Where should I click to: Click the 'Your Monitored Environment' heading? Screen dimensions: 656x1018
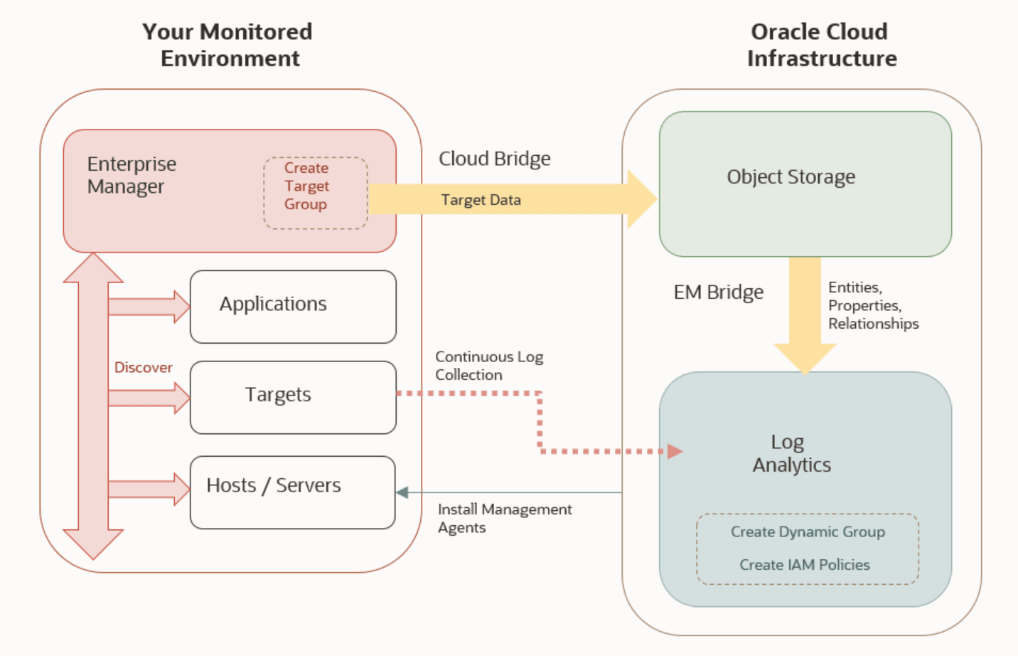point(227,45)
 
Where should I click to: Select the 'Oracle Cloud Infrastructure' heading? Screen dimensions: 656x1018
point(821,45)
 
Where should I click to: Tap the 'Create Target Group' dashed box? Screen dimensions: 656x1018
point(315,193)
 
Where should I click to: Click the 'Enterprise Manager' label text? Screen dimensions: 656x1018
point(132,175)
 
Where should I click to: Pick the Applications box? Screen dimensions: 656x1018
point(293,307)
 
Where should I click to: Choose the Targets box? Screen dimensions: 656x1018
point(293,397)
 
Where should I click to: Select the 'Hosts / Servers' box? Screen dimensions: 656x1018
point(293,492)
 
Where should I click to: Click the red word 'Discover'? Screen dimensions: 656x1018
point(143,367)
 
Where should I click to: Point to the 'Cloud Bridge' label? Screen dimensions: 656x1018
point(494,159)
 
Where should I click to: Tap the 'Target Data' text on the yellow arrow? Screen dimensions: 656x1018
point(481,200)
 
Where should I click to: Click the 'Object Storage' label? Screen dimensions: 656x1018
point(791,177)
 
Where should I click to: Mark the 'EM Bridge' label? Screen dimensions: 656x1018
point(718,292)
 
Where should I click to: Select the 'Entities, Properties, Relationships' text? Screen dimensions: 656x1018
point(872,305)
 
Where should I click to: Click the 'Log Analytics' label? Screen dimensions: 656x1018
point(791,453)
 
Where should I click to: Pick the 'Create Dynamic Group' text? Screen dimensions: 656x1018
point(808,531)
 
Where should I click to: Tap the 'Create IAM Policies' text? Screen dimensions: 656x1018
point(804,564)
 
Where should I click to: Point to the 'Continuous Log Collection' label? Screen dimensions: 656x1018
point(488,366)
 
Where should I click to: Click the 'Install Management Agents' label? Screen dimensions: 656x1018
point(504,518)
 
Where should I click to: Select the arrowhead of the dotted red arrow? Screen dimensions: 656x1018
point(674,451)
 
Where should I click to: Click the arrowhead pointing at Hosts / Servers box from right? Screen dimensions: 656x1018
point(402,492)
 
